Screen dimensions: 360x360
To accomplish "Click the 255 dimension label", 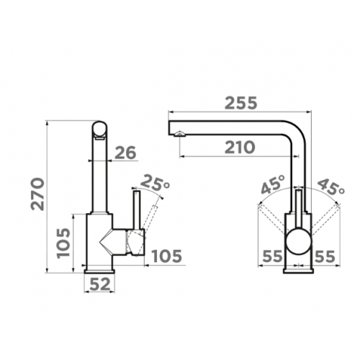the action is tap(240, 103).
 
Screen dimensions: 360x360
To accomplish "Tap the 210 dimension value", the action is tap(240, 148).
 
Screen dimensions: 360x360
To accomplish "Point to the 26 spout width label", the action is tap(125, 153).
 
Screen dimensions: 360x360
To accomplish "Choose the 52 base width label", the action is tap(99, 284).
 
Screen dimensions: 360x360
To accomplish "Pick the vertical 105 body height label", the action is tap(63, 243).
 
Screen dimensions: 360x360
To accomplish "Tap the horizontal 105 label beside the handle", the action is tap(167, 256).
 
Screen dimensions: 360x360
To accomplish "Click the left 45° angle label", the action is tap(273, 184).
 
